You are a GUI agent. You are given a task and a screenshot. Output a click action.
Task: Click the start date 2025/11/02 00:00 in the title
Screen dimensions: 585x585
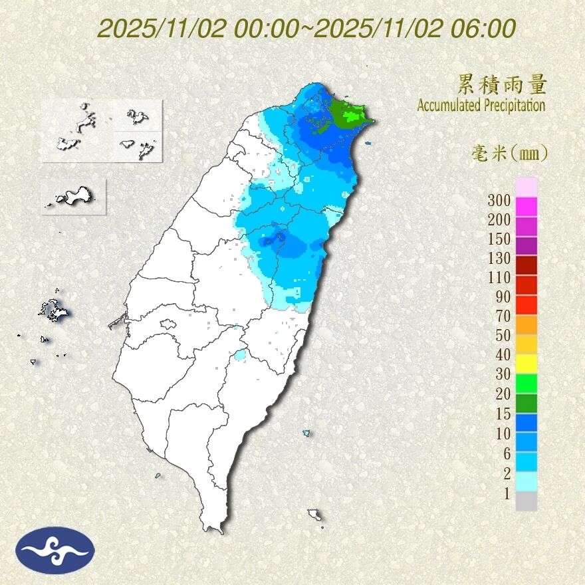click(203, 29)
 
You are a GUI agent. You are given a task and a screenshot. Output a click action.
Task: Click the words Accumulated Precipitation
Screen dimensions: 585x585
click(481, 105)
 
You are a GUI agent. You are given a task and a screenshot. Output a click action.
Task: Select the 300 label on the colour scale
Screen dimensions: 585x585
click(499, 200)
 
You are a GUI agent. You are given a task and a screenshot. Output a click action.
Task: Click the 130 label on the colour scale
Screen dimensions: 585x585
click(499, 258)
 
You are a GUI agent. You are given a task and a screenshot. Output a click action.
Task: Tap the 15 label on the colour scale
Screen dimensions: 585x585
click(503, 413)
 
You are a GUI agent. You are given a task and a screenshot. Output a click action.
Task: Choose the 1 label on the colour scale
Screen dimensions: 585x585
click(507, 493)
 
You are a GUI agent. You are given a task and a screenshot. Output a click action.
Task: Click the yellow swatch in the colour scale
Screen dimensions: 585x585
click(526, 363)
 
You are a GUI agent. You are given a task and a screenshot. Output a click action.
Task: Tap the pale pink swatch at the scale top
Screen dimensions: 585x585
click(526, 187)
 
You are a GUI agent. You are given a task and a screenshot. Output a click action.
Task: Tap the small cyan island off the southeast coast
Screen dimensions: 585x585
click(306, 433)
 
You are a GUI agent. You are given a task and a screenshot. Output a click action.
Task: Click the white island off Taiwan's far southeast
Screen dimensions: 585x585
click(315, 515)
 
